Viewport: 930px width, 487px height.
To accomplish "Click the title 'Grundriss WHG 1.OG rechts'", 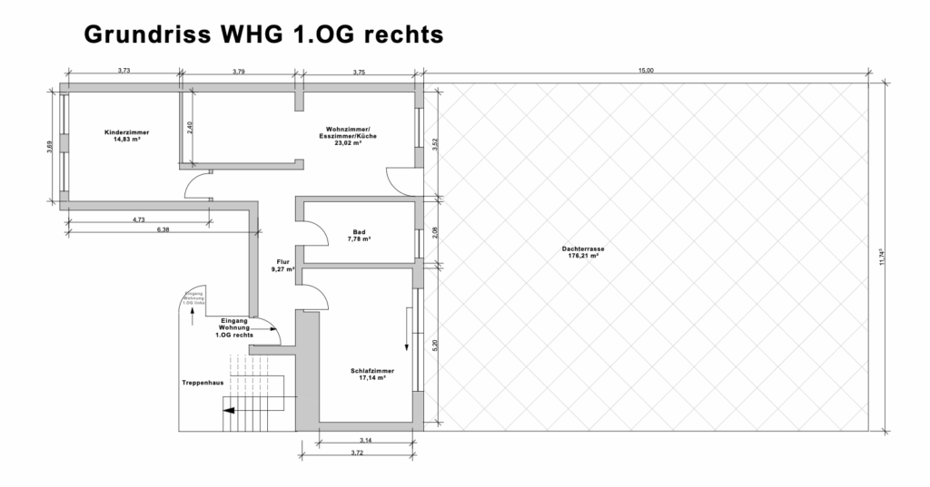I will (263, 34).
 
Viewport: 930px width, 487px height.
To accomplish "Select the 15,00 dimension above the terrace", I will (646, 70).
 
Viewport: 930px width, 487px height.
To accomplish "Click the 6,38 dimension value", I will (163, 229).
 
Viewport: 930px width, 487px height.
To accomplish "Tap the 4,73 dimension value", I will (139, 219).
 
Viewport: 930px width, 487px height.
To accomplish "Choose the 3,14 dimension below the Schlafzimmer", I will (364, 440).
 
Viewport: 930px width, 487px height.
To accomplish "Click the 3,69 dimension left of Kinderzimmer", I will (51, 145).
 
